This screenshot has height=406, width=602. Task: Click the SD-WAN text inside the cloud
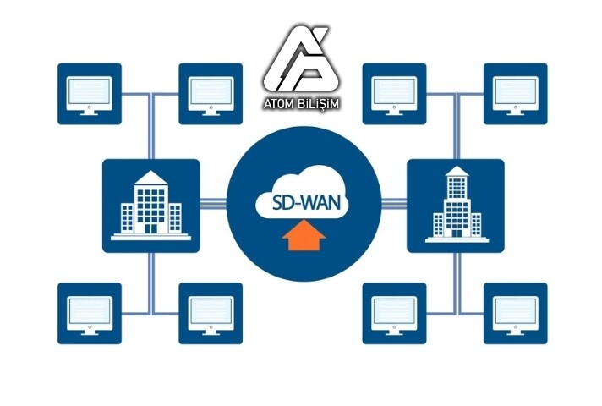[x=300, y=204]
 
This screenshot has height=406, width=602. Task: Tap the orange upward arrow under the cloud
[x=300, y=238]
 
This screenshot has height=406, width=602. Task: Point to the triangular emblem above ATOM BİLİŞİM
[x=300, y=62]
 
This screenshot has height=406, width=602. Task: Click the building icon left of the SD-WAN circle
[x=150, y=205]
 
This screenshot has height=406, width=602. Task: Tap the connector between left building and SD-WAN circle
[x=214, y=204]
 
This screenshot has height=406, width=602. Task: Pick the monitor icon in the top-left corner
[x=90, y=94]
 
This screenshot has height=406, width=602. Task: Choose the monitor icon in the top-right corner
[x=515, y=94]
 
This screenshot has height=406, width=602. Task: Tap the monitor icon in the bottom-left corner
[x=90, y=313]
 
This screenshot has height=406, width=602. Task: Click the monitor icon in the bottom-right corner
[x=515, y=313]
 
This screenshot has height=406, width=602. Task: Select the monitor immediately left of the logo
[x=211, y=94]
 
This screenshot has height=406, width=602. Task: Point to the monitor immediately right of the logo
[x=393, y=94]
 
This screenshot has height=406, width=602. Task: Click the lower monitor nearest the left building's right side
[x=211, y=313]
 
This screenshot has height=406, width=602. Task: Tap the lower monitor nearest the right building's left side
[x=393, y=313]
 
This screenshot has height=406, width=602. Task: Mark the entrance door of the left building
[x=150, y=227]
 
